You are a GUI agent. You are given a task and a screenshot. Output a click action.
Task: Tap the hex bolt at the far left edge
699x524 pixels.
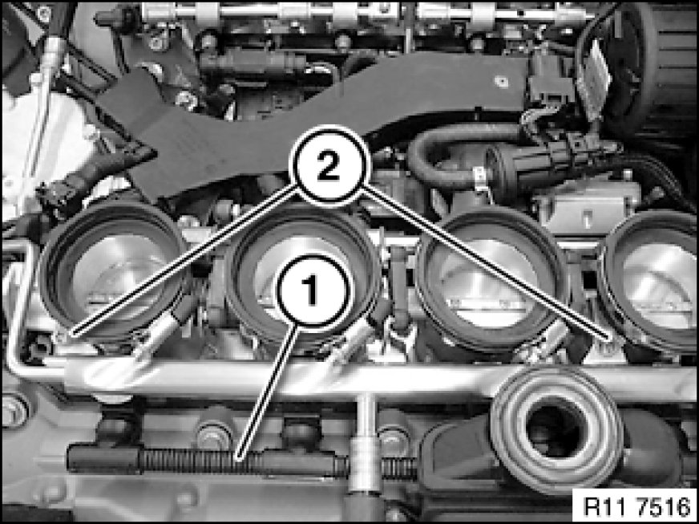[x=13, y=410]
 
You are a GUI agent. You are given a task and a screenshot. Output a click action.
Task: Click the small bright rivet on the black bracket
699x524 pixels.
[x=502, y=82]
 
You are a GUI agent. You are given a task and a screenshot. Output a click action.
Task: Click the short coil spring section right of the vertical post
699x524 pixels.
[x=398, y=468]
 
